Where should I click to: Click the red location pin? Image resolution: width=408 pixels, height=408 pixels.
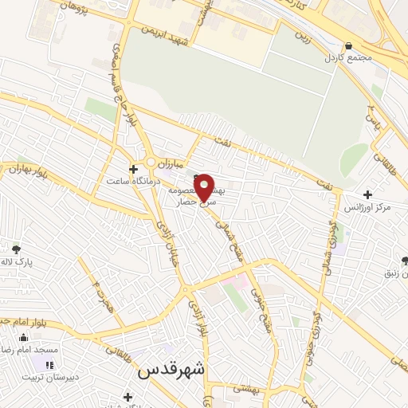(x=205, y=186)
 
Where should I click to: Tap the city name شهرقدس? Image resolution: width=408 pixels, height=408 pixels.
(x=171, y=369)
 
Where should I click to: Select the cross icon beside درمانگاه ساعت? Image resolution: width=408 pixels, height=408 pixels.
(x=133, y=169)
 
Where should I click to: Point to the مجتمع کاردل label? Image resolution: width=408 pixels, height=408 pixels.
(x=343, y=58)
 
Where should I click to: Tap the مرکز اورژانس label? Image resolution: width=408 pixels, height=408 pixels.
(x=367, y=207)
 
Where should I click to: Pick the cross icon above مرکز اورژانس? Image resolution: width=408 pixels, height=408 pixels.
(x=367, y=194)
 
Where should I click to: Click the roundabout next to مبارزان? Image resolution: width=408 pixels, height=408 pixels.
(x=151, y=162)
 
